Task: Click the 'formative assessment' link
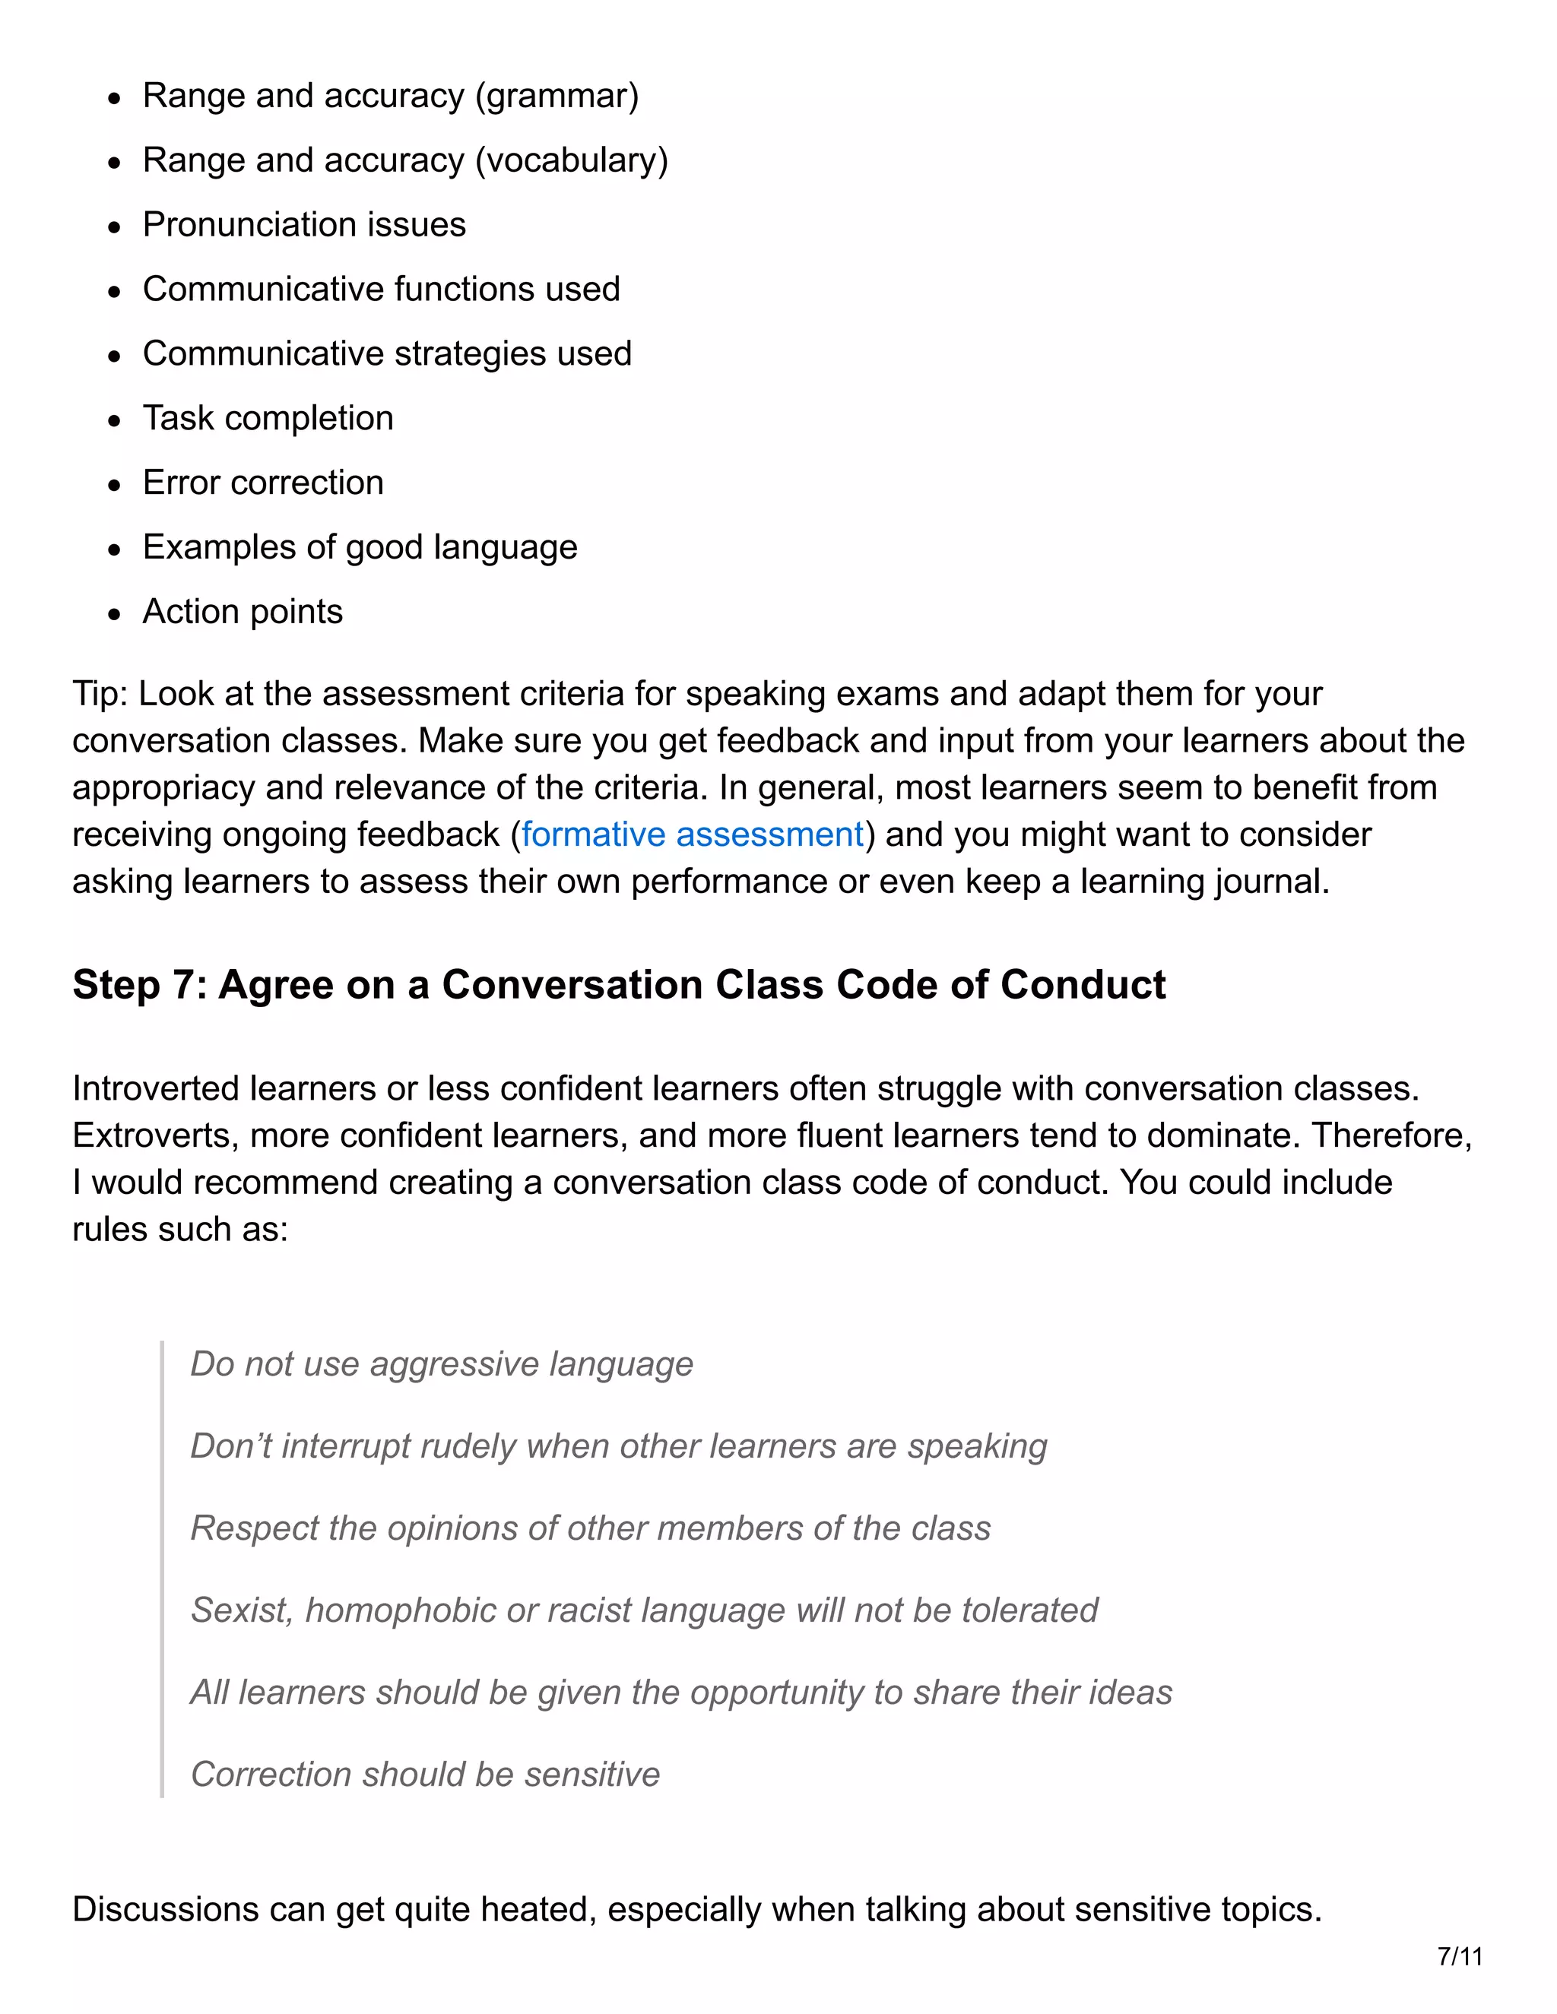[692, 834]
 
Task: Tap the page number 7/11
[1459, 1957]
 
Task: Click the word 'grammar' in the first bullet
[557, 96]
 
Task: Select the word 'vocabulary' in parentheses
[571, 160]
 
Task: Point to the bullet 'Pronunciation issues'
[304, 225]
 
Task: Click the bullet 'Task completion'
[268, 419]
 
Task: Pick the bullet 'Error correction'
[263, 483]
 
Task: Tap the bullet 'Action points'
[243, 613]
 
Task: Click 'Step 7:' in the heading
[138, 985]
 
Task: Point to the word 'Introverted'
[155, 1089]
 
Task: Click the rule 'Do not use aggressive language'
[441, 1364]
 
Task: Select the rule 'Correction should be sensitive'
[424, 1775]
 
